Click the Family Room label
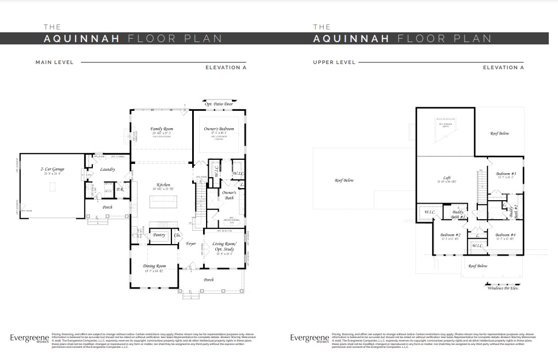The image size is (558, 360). (162, 129)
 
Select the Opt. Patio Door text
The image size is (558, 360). (223, 104)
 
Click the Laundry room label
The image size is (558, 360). (107, 170)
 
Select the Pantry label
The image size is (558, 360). (159, 235)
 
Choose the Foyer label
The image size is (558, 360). (191, 244)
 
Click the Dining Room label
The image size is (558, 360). (154, 266)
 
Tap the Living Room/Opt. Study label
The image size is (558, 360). (225, 247)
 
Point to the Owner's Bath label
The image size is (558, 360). (229, 196)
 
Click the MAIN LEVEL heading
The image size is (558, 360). (54, 62)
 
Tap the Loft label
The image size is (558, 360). (447, 178)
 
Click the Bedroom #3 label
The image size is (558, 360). (505, 174)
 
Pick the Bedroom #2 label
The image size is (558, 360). (450, 235)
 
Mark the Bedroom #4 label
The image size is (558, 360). (505, 235)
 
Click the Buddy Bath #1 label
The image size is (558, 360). (458, 214)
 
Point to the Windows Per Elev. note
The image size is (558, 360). (503, 288)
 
